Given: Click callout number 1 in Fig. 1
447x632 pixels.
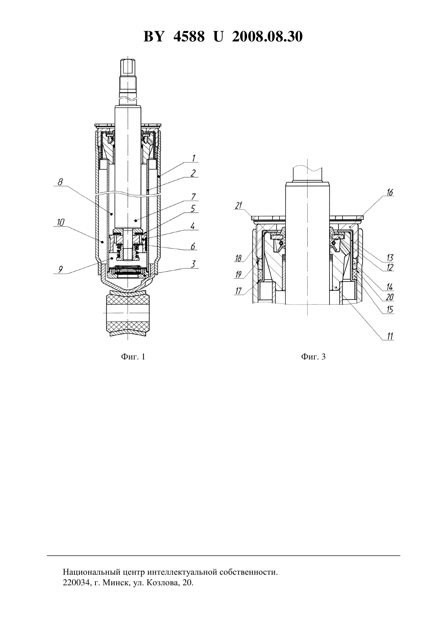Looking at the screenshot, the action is (193, 158).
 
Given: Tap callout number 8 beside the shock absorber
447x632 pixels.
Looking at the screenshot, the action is (61, 182).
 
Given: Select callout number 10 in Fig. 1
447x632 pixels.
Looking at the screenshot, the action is (61, 223).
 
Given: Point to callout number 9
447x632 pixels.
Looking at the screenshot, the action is (61, 269).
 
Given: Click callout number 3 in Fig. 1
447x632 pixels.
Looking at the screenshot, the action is (193, 264).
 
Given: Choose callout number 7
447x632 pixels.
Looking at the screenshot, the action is (193, 196).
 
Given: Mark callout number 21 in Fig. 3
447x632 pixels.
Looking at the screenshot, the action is (239, 206).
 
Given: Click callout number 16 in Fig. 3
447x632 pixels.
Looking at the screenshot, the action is (390, 193).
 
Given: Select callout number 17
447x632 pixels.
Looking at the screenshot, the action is (239, 290).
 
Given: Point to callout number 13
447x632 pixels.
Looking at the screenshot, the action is (390, 258).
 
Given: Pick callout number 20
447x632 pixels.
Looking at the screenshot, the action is (390, 297).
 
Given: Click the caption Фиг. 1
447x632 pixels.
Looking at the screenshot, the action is (133, 357).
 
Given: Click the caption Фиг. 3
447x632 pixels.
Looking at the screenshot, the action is (313, 357).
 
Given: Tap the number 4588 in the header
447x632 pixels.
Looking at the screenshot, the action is (189, 37).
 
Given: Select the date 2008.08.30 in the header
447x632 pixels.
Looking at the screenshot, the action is (267, 37).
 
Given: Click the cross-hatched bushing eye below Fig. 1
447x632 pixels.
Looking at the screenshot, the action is (128, 313).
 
